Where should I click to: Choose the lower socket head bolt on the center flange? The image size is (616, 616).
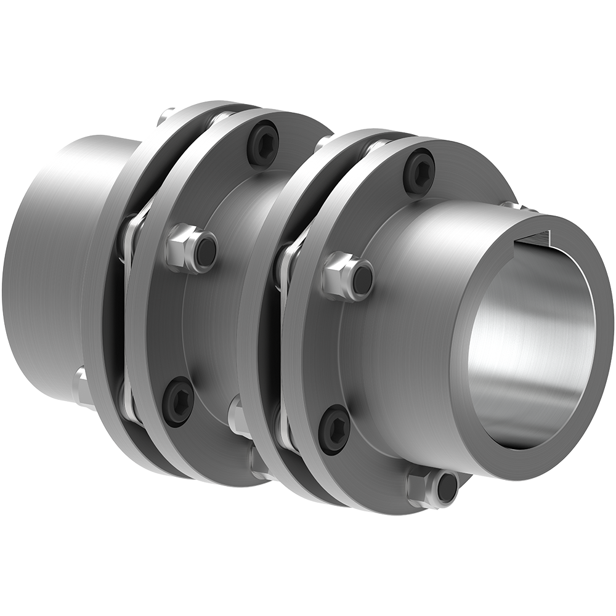(x=178, y=401)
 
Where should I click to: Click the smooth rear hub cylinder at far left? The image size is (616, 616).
(x=49, y=265)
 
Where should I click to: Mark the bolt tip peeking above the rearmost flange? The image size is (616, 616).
(x=165, y=115)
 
